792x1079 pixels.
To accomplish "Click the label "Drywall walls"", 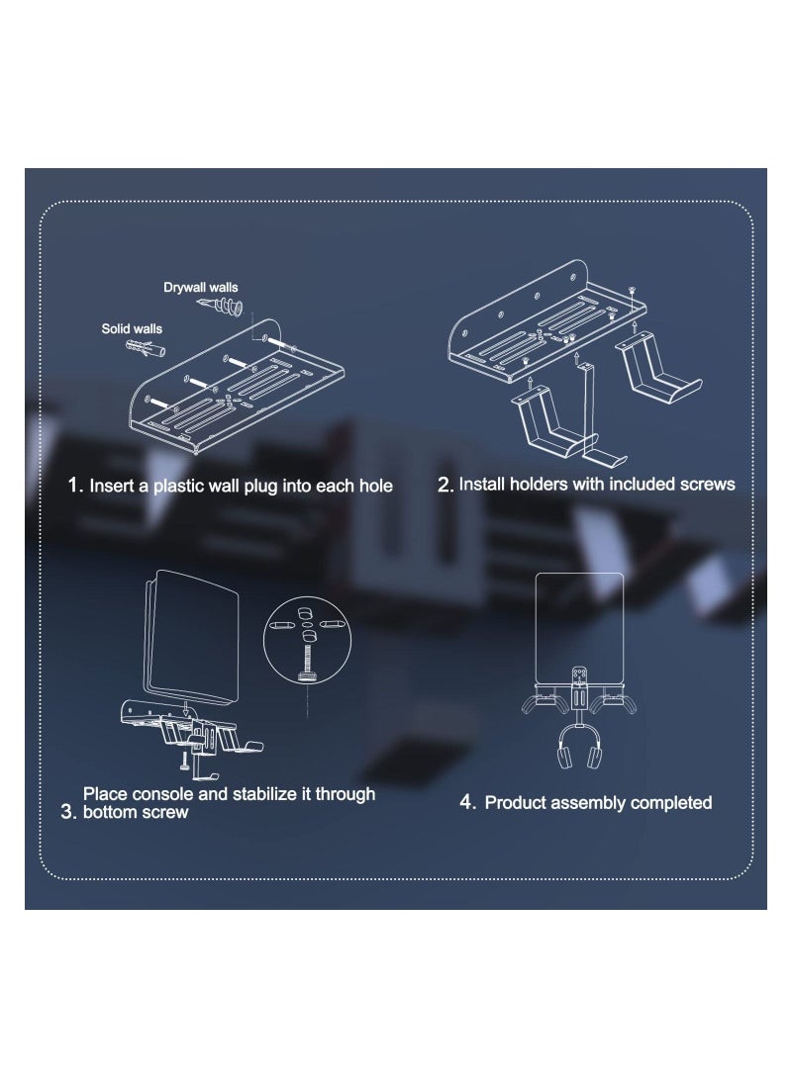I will (200, 288).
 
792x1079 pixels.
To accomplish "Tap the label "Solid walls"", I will (132, 327).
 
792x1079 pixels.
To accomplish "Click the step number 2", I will (445, 485).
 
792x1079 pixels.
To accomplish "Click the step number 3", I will (67, 813).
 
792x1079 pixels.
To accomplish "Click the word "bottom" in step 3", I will (112, 813).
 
